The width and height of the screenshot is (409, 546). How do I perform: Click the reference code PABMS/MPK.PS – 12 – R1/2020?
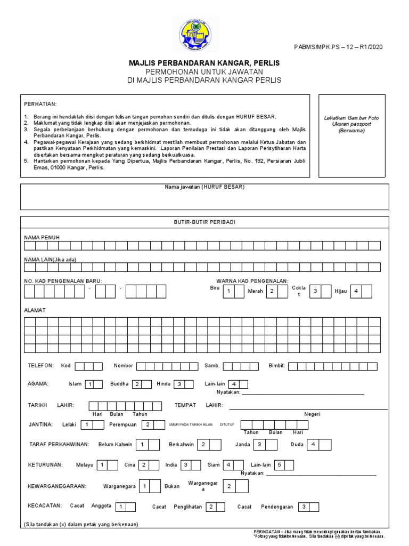[338, 47]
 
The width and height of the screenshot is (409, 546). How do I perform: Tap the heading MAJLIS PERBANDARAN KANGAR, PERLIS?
[204, 63]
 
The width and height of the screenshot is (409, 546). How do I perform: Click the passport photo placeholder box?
[351, 136]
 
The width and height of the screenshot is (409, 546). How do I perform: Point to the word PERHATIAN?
[40, 103]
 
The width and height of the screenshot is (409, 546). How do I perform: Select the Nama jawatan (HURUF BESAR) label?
[204, 188]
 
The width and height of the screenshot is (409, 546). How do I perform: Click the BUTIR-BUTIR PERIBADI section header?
[204, 221]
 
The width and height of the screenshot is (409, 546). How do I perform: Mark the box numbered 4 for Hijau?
[355, 291]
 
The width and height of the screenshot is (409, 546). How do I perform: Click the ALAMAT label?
[35, 310]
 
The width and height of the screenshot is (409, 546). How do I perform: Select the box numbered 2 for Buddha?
[136, 384]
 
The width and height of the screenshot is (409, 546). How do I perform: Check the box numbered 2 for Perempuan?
[147, 425]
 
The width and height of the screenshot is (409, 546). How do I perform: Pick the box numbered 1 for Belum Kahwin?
[142, 444]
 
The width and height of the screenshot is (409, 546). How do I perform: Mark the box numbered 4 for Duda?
[314, 444]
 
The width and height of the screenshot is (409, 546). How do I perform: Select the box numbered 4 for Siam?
[228, 465]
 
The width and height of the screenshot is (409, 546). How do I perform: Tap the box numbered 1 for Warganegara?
[144, 486]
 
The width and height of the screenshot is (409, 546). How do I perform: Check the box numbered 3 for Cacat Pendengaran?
[303, 507]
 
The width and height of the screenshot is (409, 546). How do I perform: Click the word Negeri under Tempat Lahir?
[312, 414]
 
